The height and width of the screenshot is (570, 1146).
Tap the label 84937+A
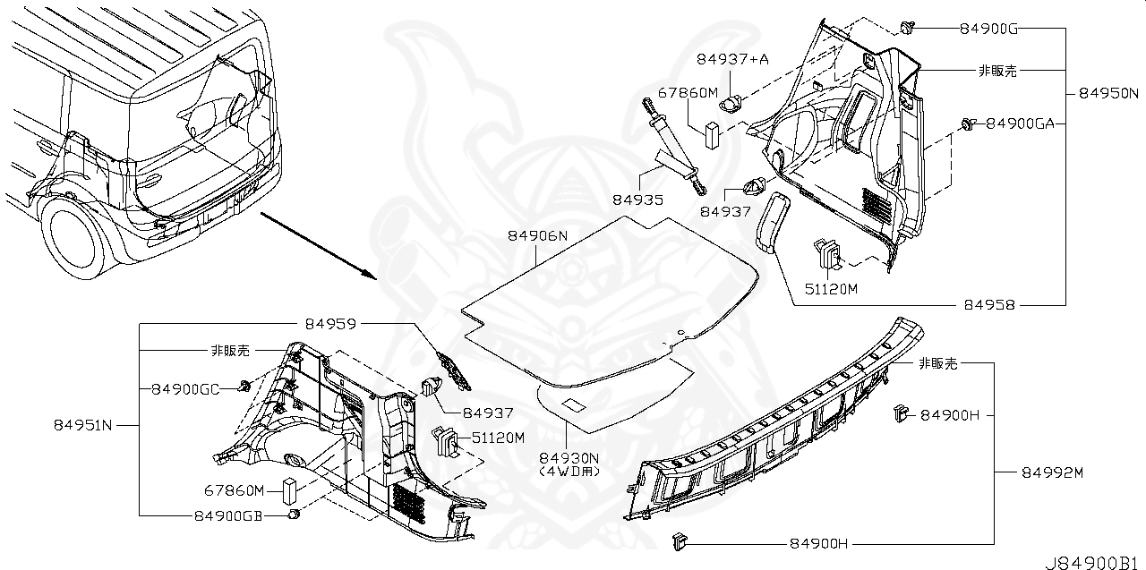pos(732,59)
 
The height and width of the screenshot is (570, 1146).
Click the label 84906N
pos(537,235)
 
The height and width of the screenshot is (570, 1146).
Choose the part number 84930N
pos(569,457)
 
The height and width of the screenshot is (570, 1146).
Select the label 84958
pos(989,305)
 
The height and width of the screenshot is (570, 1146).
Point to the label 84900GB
pos(229,516)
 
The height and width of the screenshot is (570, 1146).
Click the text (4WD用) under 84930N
pos(569,471)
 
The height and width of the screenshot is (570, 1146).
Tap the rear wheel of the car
pos(77,235)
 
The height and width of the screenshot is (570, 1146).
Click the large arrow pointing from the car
pos(318,243)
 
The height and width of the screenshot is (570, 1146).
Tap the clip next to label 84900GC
pos(244,387)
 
